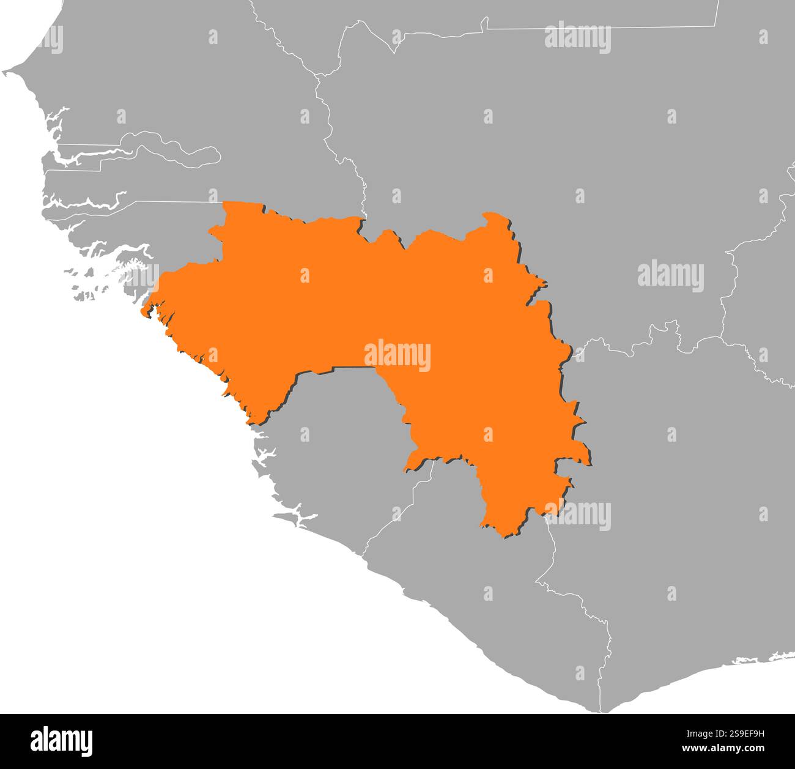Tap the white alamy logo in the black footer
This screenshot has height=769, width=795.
pos(62,741)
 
